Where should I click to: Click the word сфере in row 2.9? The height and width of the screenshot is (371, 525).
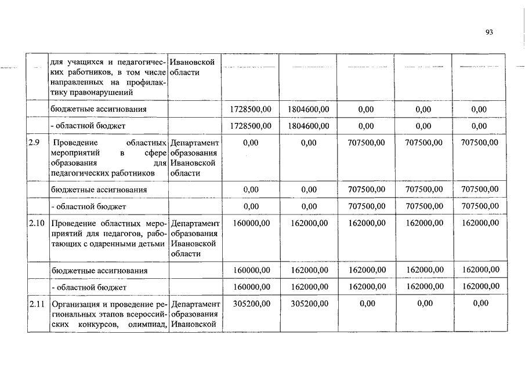tap(154, 153)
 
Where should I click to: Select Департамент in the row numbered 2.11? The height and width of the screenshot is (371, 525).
tap(195, 303)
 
